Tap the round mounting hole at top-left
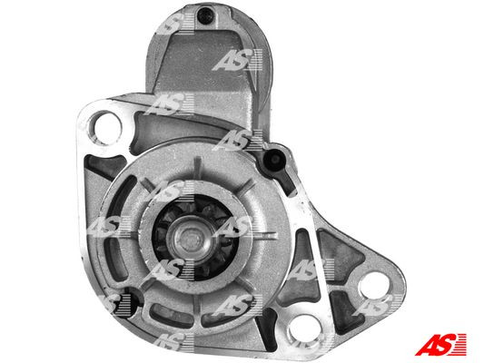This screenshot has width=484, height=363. [107, 123]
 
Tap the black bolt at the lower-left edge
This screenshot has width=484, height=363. [130, 296]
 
